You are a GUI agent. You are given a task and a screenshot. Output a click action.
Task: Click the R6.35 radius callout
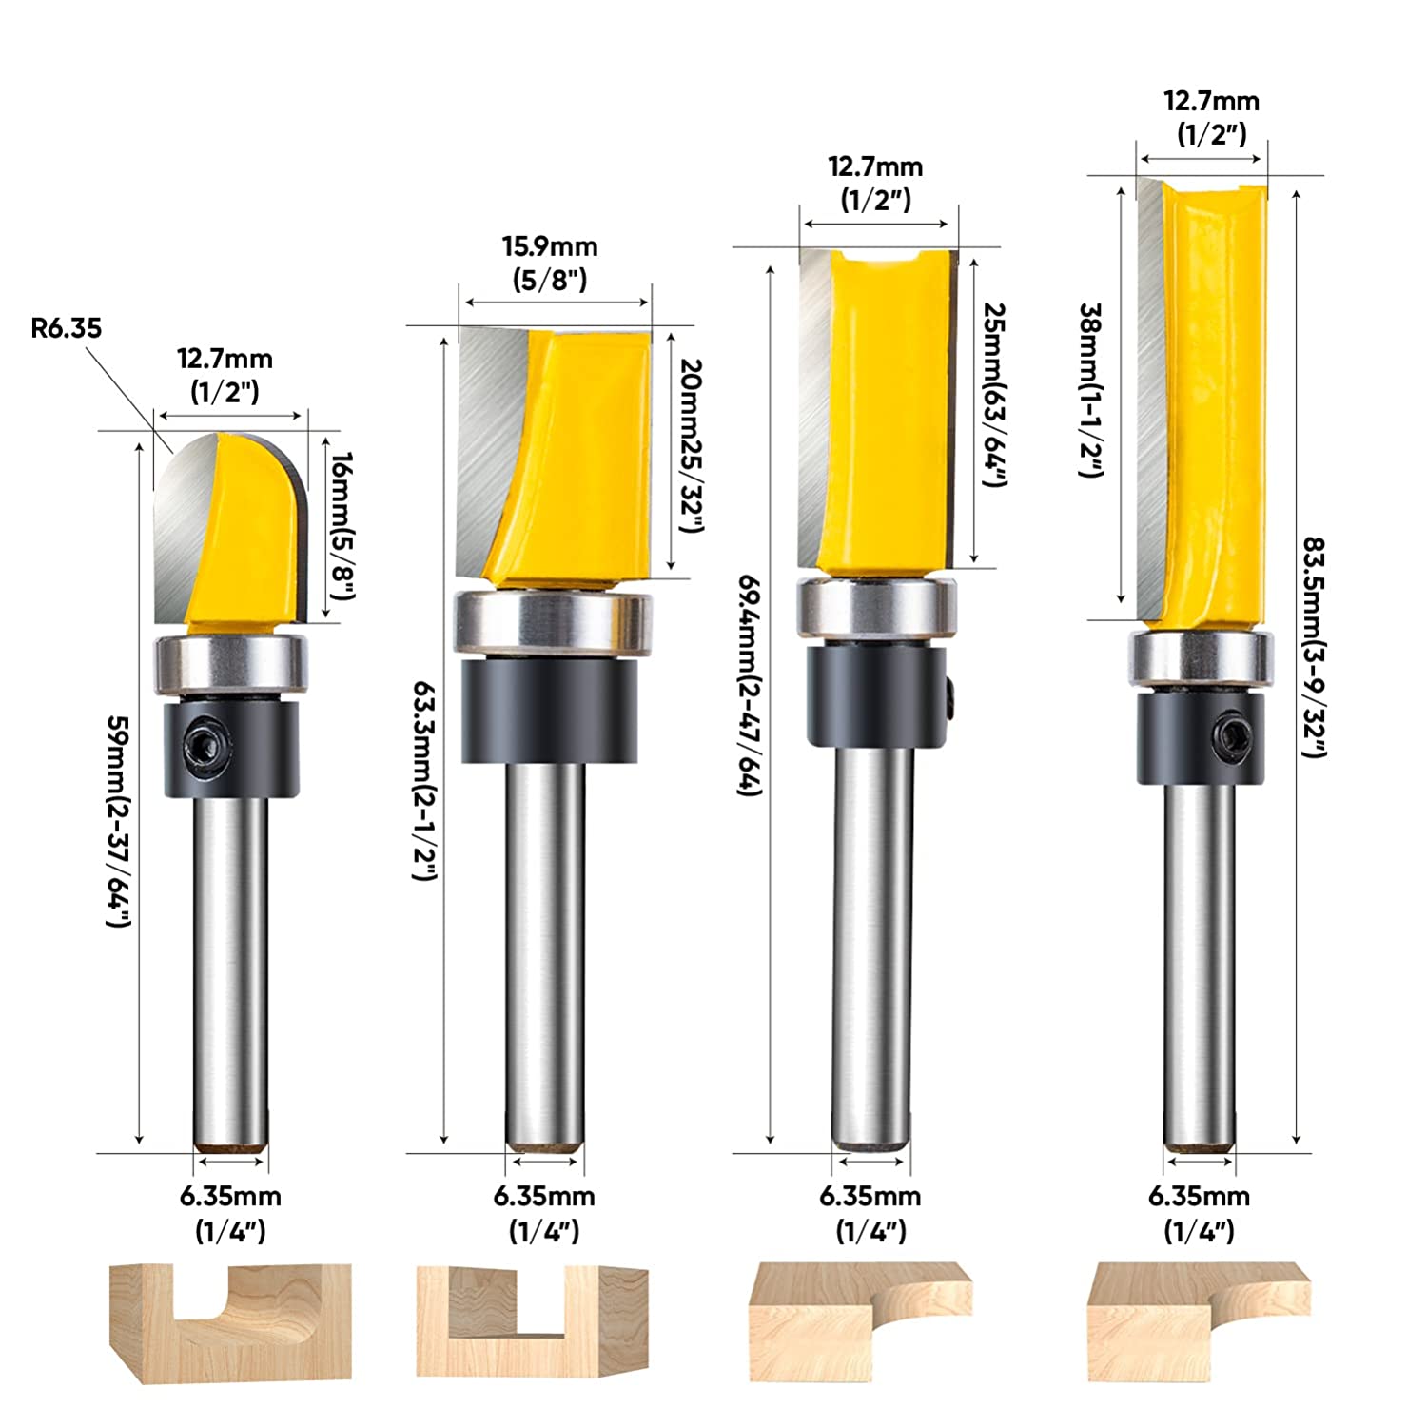click(66, 329)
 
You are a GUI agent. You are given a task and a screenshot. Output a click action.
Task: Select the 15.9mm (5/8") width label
click(550, 263)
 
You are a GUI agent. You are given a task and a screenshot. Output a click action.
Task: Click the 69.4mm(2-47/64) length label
click(751, 685)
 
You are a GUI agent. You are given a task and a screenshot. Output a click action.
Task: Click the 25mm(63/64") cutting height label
click(993, 394)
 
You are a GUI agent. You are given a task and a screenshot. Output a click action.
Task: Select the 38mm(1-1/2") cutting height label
click(1091, 390)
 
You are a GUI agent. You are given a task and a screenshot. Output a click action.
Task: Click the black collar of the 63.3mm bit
click(549, 710)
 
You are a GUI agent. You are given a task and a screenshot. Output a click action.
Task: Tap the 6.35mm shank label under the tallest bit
click(1199, 1212)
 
